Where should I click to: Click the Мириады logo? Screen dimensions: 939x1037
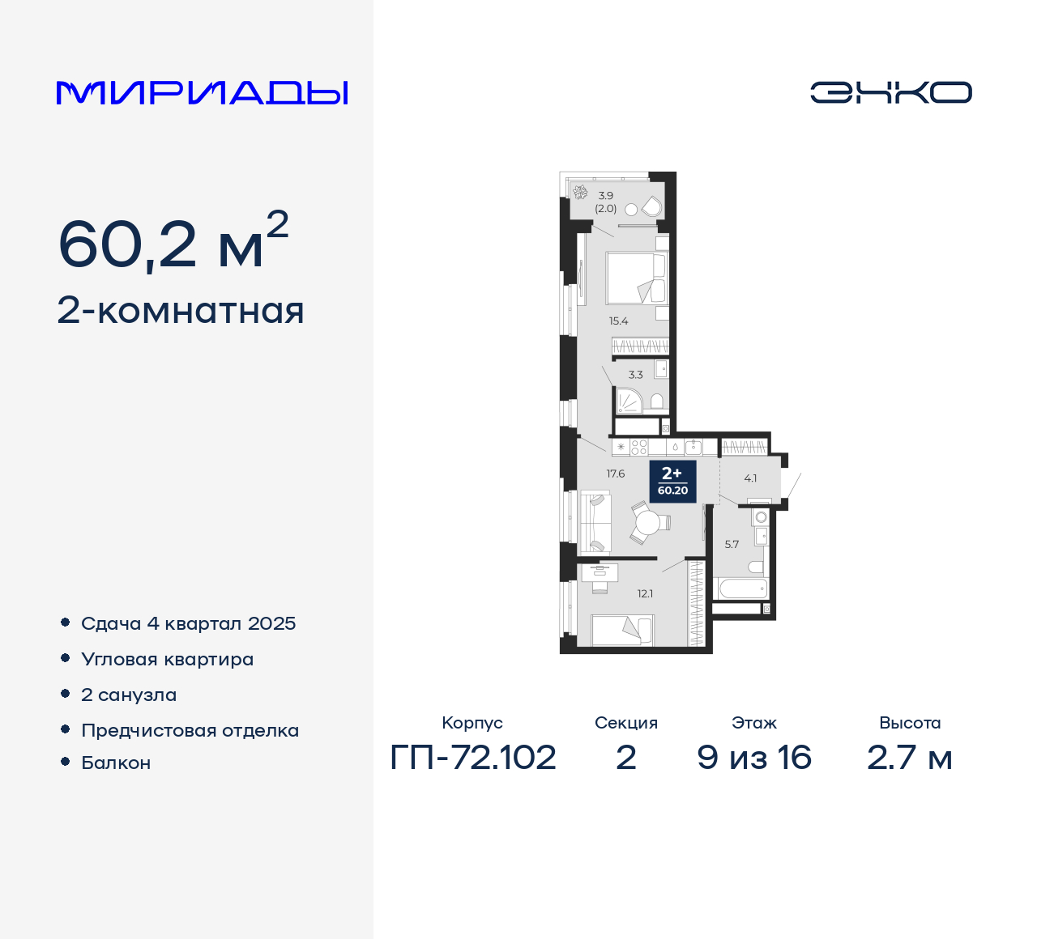click(x=202, y=92)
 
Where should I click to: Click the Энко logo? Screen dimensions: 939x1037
click(x=890, y=92)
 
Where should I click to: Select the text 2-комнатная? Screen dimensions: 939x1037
click(x=181, y=311)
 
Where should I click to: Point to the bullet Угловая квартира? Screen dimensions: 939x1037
click(x=167, y=659)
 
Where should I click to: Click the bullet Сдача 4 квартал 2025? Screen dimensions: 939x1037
click(x=188, y=623)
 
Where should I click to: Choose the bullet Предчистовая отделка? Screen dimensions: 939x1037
click(x=190, y=730)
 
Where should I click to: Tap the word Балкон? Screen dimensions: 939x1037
click(x=116, y=763)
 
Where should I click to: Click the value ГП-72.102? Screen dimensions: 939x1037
click(x=473, y=758)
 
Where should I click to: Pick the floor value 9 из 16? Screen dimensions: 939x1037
click(x=754, y=758)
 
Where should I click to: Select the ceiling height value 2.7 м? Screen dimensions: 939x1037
click(x=909, y=758)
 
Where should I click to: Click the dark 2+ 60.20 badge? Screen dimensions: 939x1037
click(x=672, y=481)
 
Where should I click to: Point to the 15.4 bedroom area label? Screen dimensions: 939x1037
click(x=618, y=321)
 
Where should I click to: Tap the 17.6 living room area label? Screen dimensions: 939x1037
click(x=616, y=474)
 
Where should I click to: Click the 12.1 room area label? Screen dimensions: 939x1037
click(x=645, y=593)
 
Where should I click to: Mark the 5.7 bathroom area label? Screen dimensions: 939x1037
click(x=732, y=544)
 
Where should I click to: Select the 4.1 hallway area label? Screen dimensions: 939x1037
click(x=750, y=478)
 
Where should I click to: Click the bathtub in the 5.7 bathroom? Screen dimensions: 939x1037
click(x=740, y=588)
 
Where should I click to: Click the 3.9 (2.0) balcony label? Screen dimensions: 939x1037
click(x=606, y=202)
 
